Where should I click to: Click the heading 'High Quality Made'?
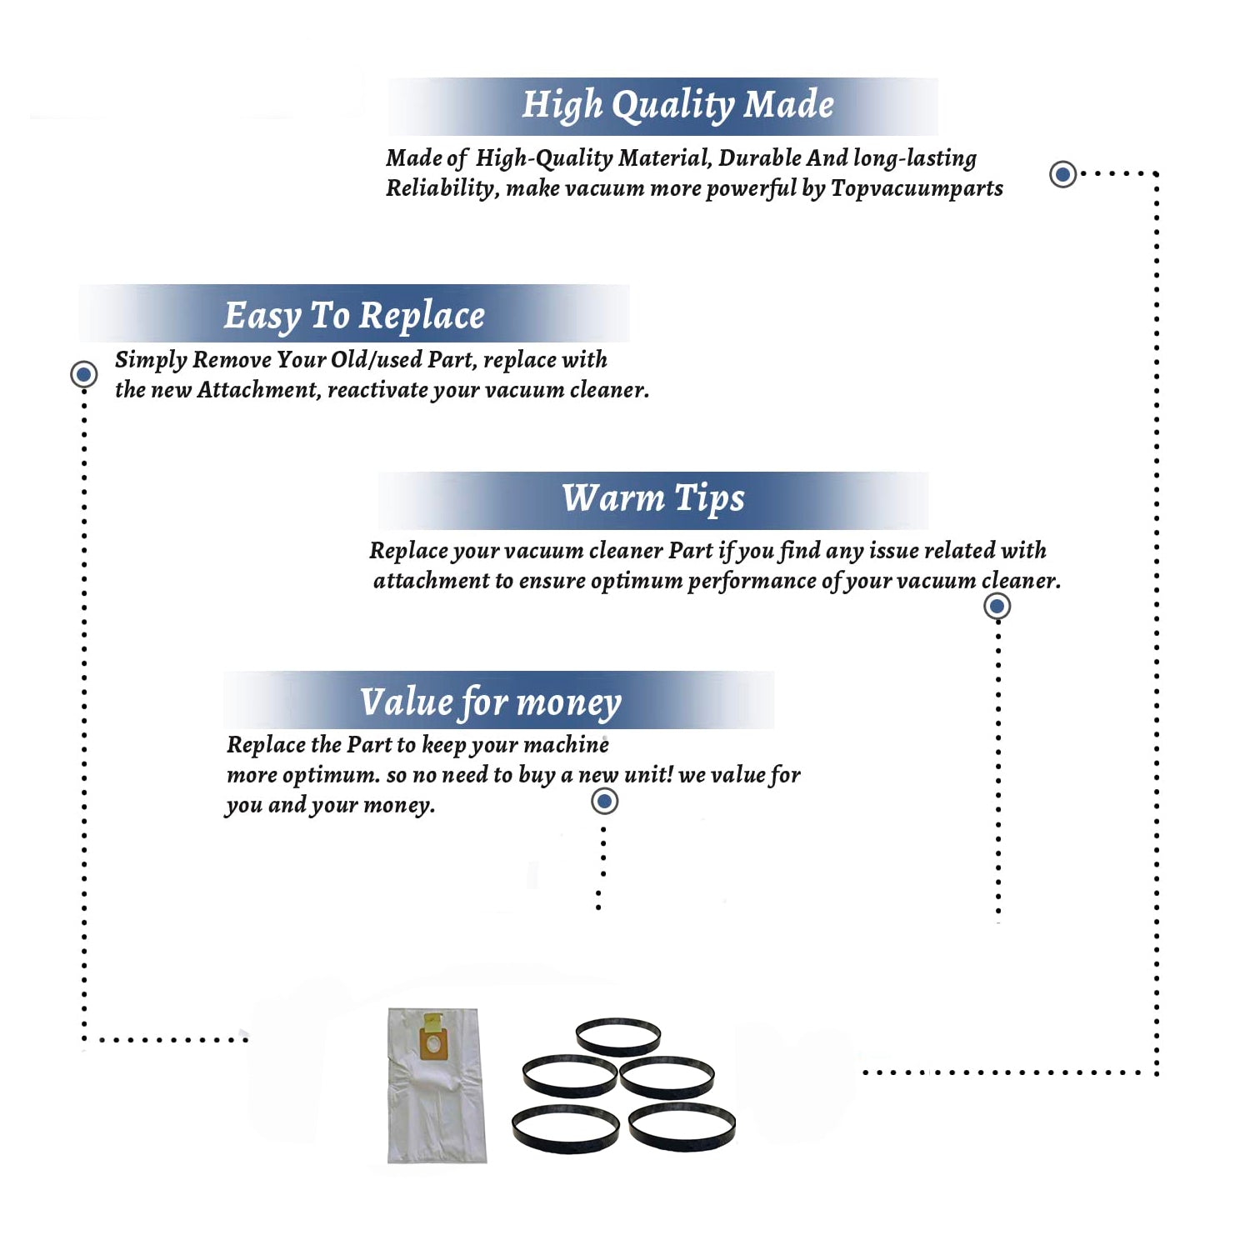pyautogui.click(x=677, y=106)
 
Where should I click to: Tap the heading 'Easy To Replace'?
pyautogui.click(x=354, y=316)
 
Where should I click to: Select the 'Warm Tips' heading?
pyautogui.click(x=652, y=498)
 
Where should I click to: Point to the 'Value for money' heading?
pyautogui.click(x=490, y=702)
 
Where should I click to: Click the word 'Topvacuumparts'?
pyautogui.click(x=917, y=188)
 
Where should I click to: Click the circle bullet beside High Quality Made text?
pyautogui.click(x=1062, y=174)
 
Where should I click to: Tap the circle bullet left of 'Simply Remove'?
pyautogui.click(x=83, y=374)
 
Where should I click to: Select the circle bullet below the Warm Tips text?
pyautogui.click(x=997, y=606)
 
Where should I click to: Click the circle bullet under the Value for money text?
pyautogui.click(x=604, y=802)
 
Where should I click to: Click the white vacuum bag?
pyautogui.click(x=437, y=1085)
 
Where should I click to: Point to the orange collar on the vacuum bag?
pyautogui.click(x=432, y=1042)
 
